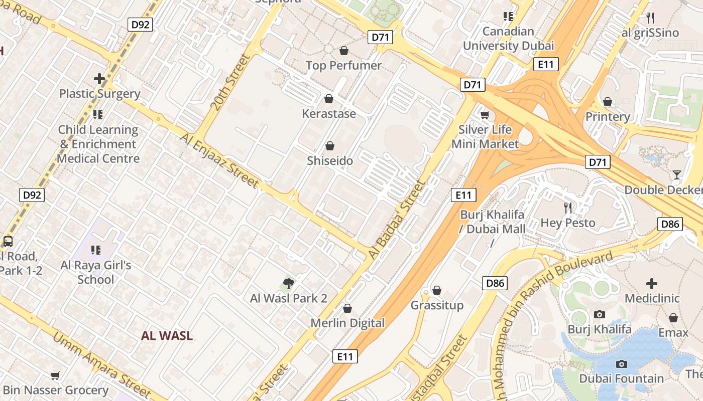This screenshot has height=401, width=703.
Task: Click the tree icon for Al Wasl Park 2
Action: (288, 284)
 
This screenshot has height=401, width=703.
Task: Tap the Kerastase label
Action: (329, 114)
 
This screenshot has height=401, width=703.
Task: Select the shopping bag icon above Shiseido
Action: (330, 146)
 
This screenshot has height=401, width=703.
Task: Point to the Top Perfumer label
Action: (344, 65)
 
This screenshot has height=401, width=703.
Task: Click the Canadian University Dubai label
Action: (508, 39)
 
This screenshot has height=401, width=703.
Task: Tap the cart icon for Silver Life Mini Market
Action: (485, 115)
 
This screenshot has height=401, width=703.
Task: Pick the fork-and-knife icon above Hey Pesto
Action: (568, 208)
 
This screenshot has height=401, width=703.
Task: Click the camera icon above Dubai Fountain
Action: (622, 364)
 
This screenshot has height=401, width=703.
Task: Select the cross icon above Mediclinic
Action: (652, 284)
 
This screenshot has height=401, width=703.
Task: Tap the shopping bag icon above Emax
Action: (673, 318)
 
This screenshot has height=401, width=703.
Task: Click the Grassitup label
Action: (437, 305)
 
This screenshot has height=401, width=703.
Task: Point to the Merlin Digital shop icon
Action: (347, 308)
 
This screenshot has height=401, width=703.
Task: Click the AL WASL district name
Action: (167, 336)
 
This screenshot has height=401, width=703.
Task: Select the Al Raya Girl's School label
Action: (96, 272)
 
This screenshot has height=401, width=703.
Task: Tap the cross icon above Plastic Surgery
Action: (99, 79)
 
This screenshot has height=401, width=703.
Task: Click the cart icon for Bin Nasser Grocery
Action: (55, 375)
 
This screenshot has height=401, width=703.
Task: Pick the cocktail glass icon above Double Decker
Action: (677, 175)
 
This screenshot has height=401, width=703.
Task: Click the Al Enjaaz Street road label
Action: (219, 160)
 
